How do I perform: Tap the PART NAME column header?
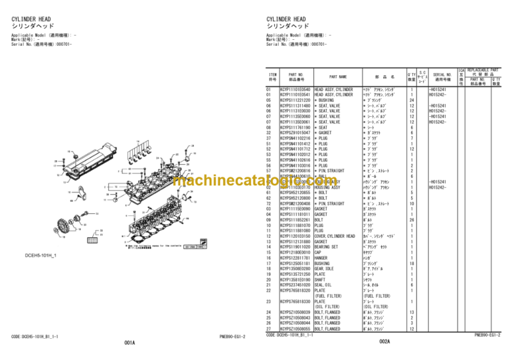pos(338,76)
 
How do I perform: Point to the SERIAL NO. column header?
pos(442,76)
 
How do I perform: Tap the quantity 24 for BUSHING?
pos(412,100)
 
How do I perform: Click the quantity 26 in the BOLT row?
pos(412,219)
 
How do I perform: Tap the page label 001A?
pos(129,343)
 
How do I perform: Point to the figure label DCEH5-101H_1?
pos(41,255)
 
